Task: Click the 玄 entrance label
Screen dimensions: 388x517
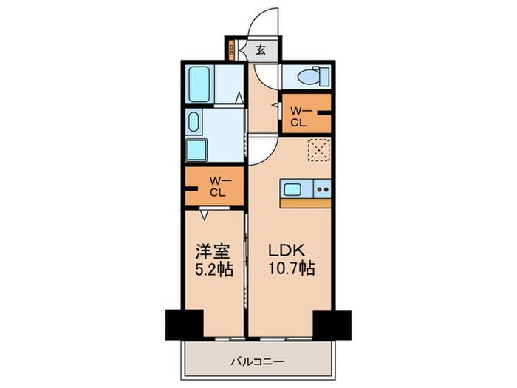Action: (261, 51)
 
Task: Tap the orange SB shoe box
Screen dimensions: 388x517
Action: (232, 51)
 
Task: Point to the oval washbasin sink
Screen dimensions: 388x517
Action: (194, 121)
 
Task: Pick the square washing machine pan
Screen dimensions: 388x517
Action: (198, 149)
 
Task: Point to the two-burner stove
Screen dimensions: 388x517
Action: (323, 188)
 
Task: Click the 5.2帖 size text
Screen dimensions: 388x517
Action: (213, 270)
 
